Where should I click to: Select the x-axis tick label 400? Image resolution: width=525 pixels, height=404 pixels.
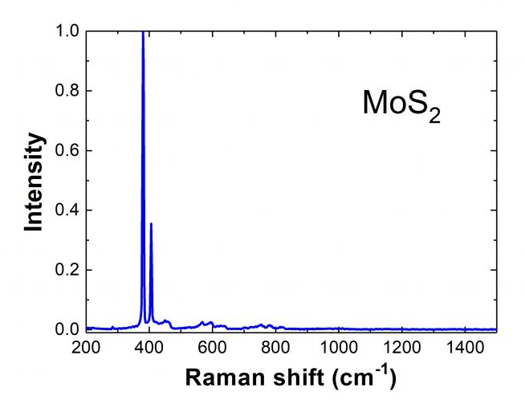[149, 349]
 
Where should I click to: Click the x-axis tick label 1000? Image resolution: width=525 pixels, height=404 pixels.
[339, 349]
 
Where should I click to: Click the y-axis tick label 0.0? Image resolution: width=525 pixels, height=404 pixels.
[67, 329]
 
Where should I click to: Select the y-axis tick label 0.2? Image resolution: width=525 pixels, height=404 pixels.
[67, 270]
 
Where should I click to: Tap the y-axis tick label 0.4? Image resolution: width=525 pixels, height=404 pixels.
[67, 210]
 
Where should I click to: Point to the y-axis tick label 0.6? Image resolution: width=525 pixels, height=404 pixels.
[67, 151]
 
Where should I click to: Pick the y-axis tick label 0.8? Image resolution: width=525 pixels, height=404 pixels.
[67, 92]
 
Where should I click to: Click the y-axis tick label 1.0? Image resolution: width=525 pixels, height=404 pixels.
[67, 32]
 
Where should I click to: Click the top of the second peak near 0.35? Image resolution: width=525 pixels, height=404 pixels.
[151, 224]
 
